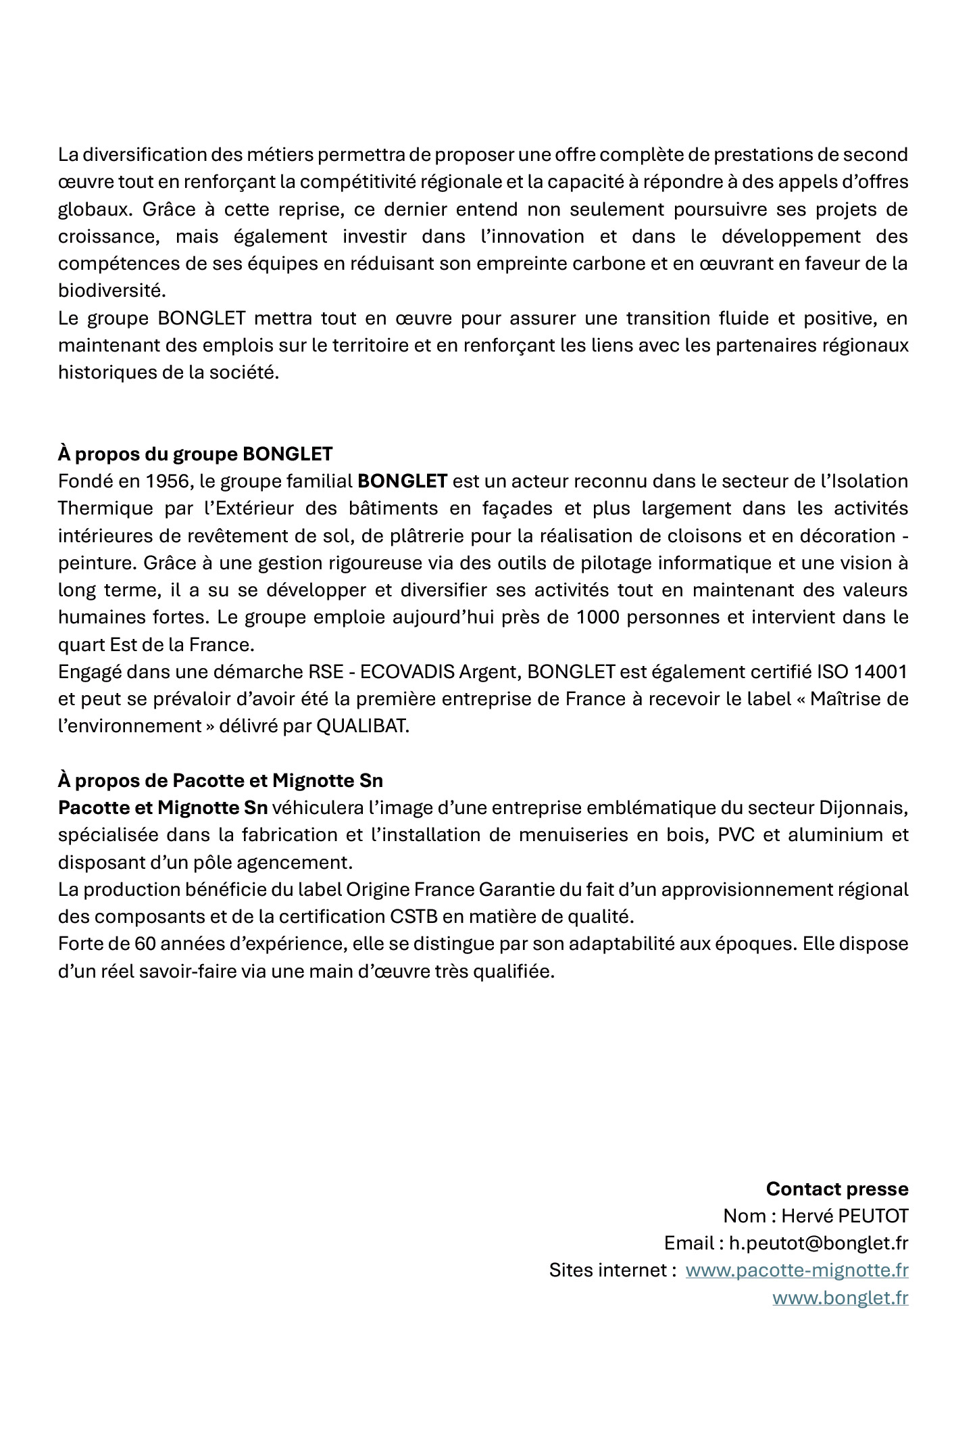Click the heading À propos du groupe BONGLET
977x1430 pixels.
(195, 454)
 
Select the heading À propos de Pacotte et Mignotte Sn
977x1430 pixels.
(220, 780)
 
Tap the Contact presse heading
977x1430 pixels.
(836, 1189)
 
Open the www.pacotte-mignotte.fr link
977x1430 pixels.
(797, 1270)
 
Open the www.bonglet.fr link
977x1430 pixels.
(840, 1297)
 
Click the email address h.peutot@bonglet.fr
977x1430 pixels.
(818, 1243)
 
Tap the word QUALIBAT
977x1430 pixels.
(362, 726)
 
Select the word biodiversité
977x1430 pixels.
(111, 291)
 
